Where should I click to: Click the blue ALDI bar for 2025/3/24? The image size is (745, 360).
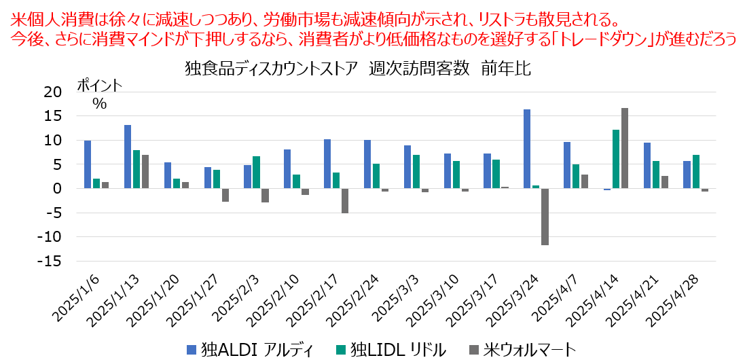pos(526,149)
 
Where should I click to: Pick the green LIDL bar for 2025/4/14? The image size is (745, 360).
pos(616,159)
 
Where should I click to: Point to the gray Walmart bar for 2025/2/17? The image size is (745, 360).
pos(344,200)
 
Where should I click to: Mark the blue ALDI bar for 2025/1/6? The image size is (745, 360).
pos(88,164)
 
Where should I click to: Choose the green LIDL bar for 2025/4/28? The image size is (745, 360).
pos(696,172)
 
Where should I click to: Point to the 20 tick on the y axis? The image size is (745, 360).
pos(52,92)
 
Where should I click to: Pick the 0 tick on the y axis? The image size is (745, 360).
pos(57,189)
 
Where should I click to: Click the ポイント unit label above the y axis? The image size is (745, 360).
pos(99,86)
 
